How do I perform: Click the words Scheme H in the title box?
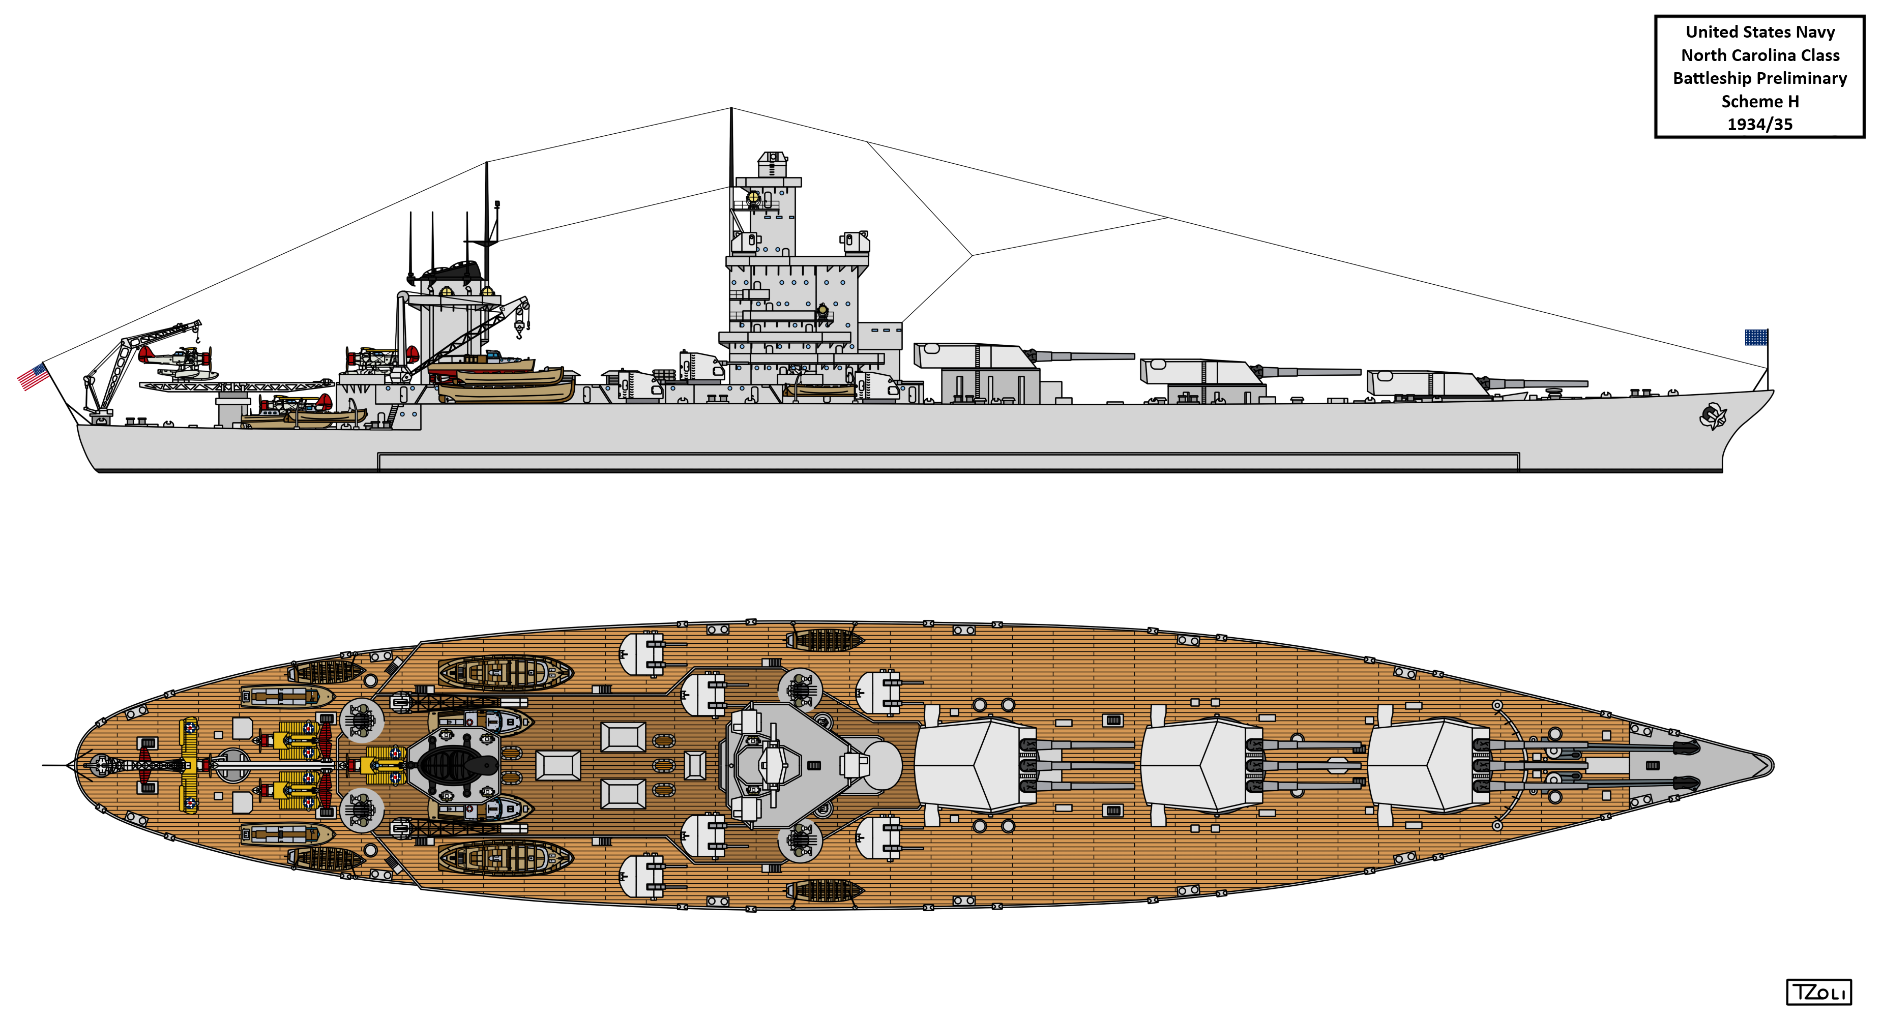(1759, 102)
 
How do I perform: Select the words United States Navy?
(1759, 32)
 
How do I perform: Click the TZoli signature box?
(1818, 992)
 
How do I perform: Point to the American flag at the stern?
(33, 377)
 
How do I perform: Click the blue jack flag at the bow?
(1756, 338)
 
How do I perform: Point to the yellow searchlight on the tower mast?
(753, 197)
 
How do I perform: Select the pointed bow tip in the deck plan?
(1772, 765)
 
